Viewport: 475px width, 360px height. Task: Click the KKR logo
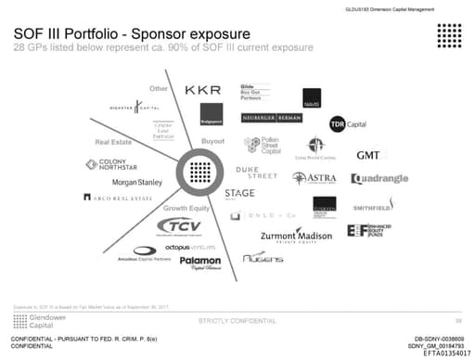202,90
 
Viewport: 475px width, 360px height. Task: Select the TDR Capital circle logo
340,124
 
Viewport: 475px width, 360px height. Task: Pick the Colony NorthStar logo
124,165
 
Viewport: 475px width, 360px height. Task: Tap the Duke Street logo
256,174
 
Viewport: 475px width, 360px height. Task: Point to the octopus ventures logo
190,248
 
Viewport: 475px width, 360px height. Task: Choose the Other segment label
157,88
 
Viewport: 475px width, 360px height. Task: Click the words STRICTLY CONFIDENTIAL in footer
237,320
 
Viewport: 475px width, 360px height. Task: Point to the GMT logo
367,156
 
